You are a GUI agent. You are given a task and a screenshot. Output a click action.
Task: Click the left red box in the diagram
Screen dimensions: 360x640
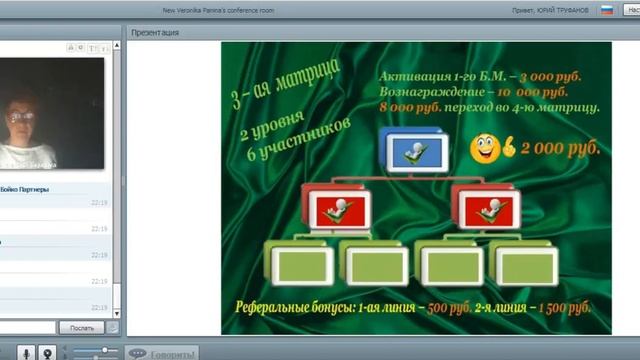tap(339, 209)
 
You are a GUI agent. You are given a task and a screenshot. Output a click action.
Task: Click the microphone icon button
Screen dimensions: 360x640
tap(22, 352)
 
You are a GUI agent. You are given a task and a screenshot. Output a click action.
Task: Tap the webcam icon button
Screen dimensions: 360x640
tap(46, 352)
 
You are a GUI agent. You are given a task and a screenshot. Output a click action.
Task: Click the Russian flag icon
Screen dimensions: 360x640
tap(606, 10)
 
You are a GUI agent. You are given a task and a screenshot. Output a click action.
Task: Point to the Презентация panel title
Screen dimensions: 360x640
tap(156, 32)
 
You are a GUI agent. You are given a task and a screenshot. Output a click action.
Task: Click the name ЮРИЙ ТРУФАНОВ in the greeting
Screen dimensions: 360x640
tap(569, 10)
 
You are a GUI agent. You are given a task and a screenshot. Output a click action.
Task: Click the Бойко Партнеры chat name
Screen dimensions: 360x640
tap(24, 189)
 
